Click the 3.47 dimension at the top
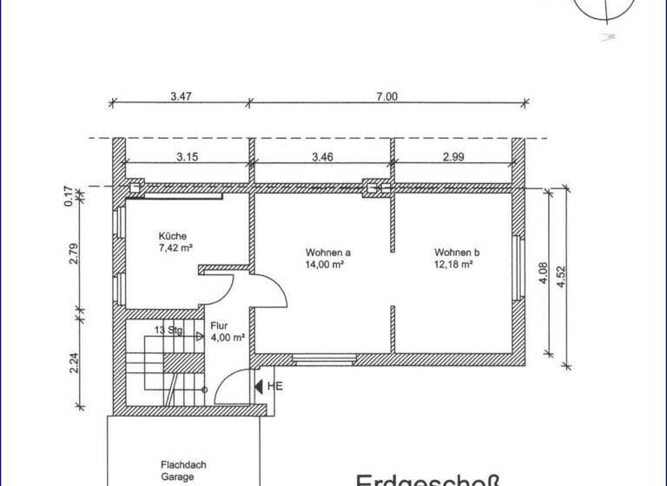(x=181, y=96)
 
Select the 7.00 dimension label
(x=386, y=96)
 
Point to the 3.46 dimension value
(x=322, y=157)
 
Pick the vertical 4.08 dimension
(x=542, y=274)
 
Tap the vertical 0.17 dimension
(x=68, y=194)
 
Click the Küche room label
(x=172, y=236)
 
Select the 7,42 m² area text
(x=175, y=247)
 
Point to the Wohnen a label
(x=327, y=253)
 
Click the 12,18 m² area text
(x=453, y=264)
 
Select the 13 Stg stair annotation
(x=168, y=330)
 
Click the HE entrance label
(x=275, y=385)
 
